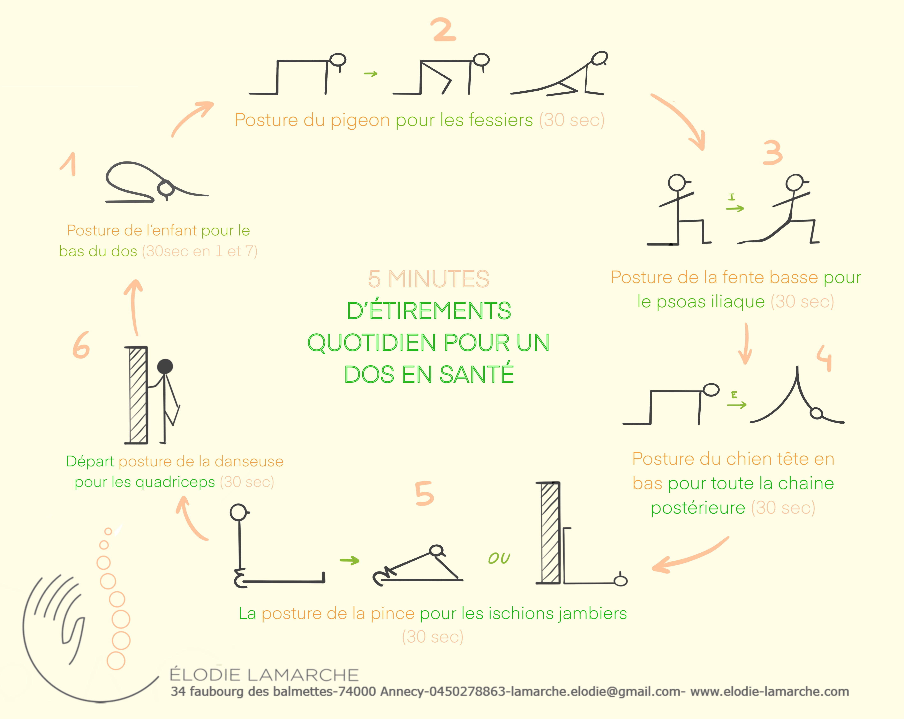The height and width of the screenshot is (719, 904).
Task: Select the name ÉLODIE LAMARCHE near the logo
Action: pos(264,675)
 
